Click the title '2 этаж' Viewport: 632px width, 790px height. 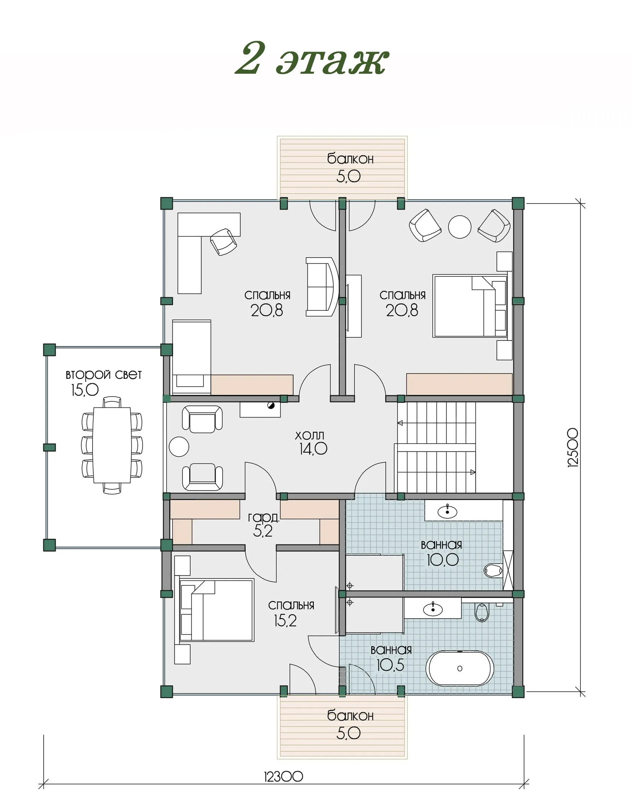[x=312, y=59]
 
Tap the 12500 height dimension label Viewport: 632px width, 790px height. [x=572, y=447]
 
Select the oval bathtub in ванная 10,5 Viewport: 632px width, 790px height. [x=459, y=668]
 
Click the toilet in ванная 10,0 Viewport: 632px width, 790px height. [x=493, y=570]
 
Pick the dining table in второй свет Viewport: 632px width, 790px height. [x=112, y=445]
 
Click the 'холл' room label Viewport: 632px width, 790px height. [x=309, y=435]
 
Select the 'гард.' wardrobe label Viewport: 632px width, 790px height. [x=263, y=518]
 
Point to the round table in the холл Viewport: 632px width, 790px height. [x=179, y=447]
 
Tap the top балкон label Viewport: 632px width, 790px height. [x=350, y=159]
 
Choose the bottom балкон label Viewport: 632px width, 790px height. [x=350, y=715]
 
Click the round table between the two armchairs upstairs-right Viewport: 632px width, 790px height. [x=460, y=227]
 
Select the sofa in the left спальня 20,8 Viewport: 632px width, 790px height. [x=322, y=287]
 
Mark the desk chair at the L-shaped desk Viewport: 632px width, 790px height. [x=223, y=242]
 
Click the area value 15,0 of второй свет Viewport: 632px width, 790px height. [x=85, y=390]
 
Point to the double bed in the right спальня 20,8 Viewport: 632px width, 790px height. [x=470, y=306]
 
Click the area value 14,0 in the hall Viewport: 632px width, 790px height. [x=313, y=449]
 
